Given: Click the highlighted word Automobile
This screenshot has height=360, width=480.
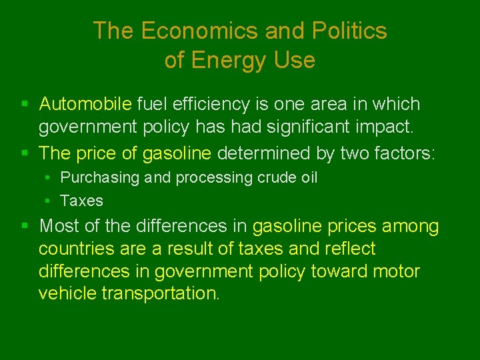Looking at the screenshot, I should click(x=85, y=104).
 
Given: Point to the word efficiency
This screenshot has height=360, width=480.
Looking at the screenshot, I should click(x=202, y=104).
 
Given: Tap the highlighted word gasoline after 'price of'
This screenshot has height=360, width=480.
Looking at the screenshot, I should click(x=177, y=153).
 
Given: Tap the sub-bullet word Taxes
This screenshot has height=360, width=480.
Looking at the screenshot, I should click(x=81, y=201).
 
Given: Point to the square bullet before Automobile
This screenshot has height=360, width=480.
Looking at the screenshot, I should click(x=24, y=104).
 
